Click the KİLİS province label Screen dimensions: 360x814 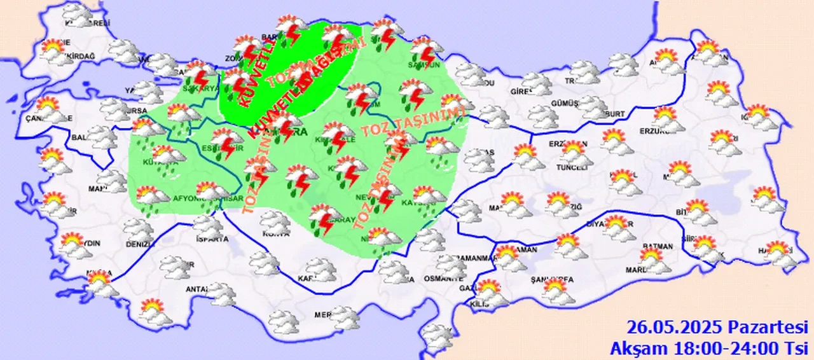479,305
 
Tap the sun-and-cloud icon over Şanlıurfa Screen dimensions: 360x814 557,290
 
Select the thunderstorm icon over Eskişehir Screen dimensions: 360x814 226,141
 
